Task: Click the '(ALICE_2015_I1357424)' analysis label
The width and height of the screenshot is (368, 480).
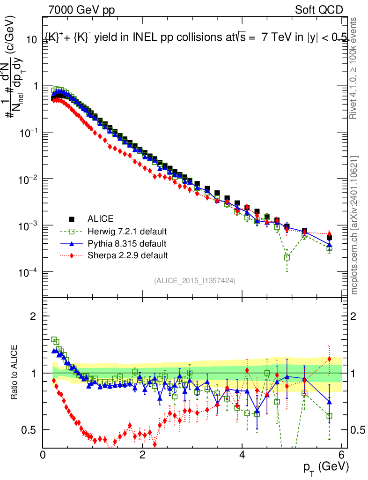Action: coord(194,280)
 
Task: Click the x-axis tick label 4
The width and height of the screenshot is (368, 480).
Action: coord(242,454)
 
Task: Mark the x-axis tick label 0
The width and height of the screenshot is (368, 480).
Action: coord(43,454)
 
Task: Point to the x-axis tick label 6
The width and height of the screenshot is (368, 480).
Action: coord(342,454)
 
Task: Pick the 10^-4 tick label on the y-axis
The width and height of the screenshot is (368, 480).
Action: coord(27,272)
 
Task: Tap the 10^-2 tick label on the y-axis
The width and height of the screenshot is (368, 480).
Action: coord(27,179)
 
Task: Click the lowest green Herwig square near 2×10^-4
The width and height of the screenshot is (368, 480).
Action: coord(287,257)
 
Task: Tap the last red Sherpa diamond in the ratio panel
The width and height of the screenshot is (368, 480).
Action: coord(329,359)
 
